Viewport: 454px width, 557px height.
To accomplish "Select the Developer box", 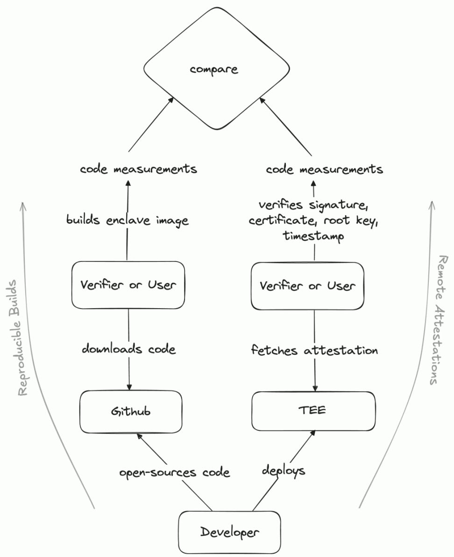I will (229, 532).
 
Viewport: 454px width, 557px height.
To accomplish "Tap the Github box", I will (130, 411).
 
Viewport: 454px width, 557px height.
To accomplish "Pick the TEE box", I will (313, 411).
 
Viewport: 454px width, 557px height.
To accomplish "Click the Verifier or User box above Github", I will (128, 285).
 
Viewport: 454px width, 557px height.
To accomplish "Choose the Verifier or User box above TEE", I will (307, 286).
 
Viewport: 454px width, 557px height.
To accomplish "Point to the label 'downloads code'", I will (129, 349).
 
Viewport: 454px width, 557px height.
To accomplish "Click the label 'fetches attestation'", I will (314, 350).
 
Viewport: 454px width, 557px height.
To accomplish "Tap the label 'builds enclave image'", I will (128, 220).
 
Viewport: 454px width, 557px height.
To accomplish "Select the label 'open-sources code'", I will (175, 472).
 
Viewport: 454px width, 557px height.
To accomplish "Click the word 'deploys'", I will (284, 471).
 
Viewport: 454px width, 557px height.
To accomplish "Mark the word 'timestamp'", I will (313, 236).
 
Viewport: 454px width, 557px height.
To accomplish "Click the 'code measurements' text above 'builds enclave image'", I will (138, 169).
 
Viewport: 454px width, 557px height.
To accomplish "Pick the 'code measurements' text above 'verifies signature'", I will (325, 169).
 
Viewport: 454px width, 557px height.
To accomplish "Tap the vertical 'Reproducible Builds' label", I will (22, 337).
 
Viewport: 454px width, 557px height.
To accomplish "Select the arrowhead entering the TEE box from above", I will (315, 388).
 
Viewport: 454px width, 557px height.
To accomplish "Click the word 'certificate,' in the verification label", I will (280, 220).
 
